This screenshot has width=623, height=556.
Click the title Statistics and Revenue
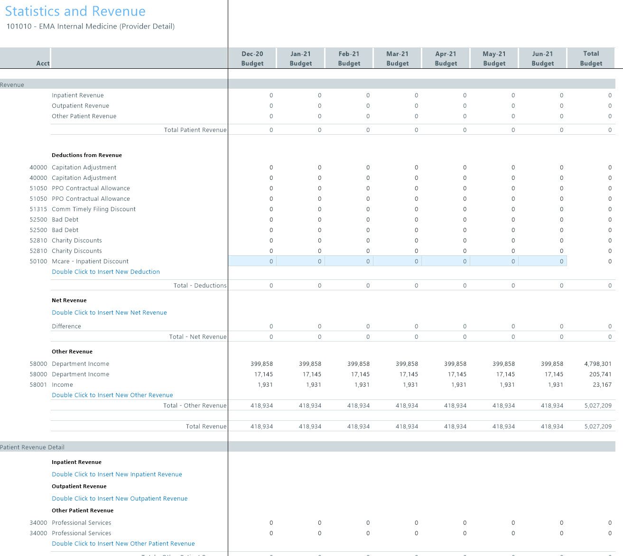pos(75,11)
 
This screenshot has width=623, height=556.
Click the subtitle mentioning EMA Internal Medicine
pos(90,27)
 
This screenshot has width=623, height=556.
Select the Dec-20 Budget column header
pos(252,58)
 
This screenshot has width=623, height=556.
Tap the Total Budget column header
pos(591,58)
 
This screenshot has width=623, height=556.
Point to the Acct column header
pos(43,63)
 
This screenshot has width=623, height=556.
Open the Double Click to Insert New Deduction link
pos(105,272)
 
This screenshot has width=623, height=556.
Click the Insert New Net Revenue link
pos(109,313)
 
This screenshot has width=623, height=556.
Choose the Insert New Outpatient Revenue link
pos(120,499)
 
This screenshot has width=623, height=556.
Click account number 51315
pos(38,209)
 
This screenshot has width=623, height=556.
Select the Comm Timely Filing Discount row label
pos(93,209)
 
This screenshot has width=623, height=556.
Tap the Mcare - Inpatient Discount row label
pos(90,261)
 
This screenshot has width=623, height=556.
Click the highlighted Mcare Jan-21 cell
pos(301,261)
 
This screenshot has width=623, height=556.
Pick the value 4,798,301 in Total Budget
pos(597,364)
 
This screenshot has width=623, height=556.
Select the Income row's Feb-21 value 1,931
pos(362,385)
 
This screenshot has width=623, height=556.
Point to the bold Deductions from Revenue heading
pos(86,155)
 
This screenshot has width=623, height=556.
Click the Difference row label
pos(66,326)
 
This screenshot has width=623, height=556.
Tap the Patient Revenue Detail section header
pos(32,447)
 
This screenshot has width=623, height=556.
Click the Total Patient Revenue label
pos(195,130)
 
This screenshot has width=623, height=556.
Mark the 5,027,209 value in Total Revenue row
pos(597,426)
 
